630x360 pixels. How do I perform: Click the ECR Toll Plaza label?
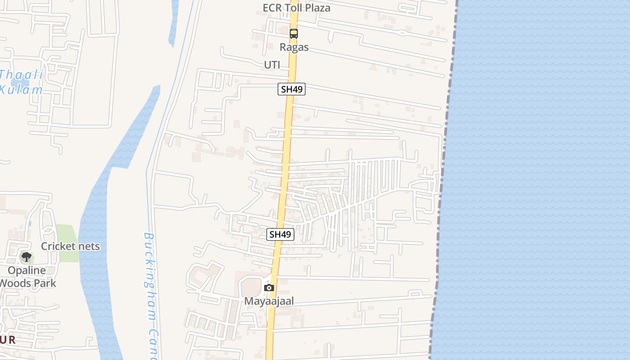[297, 8]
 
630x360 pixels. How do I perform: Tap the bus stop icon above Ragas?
[294, 34]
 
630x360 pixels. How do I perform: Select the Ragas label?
[294, 47]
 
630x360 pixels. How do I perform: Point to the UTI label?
[272, 65]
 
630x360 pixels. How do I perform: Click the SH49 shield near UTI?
[292, 89]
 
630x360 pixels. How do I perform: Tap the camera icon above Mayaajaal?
[269, 288]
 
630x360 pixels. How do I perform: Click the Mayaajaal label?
[269, 301]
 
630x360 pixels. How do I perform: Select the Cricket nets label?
[70, 246]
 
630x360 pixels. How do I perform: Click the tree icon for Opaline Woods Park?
[27, 257]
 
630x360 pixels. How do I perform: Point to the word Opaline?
[27, 270]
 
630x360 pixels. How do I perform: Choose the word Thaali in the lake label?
[21, 75]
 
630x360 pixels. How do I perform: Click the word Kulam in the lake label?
[21, 89]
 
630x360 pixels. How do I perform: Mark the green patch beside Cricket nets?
[67, 234]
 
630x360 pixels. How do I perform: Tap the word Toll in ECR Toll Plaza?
[293, 8]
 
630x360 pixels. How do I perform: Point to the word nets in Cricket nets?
[88, 246]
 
